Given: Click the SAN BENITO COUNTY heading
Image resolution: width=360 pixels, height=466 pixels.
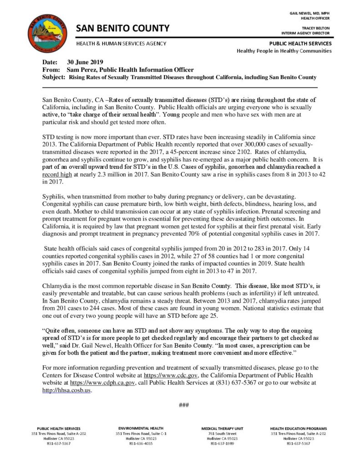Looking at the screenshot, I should click(x=122, y=29).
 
